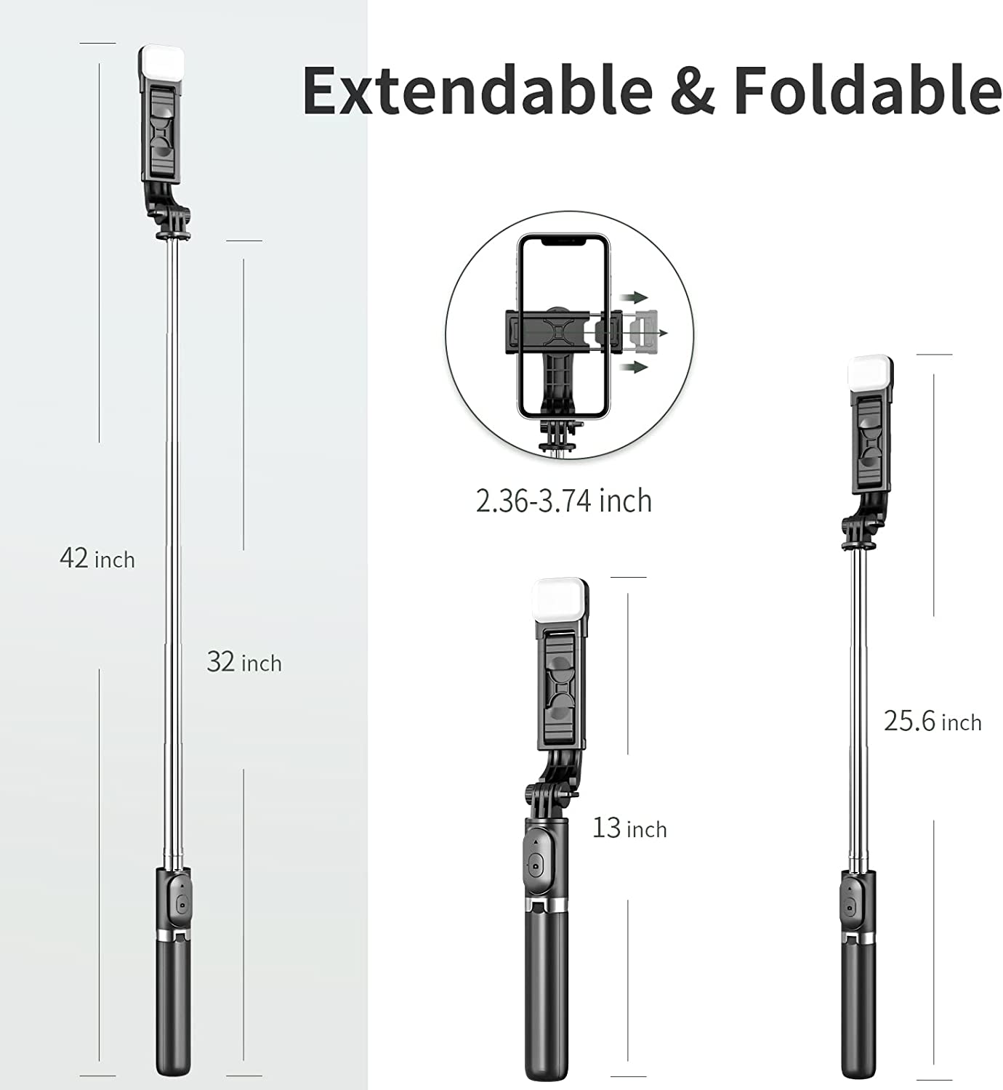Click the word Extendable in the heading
pyautogui.click(x=478, y=89)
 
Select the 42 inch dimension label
pyautogui.click(x=97, y=558)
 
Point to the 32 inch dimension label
pyautogui.click(x=244, y=662)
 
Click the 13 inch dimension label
pyautogui.click(x=629, y=828)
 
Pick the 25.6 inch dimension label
pyautogui.click(x=932, y=722)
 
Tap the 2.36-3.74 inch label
pyautogui.click(x=564, y=501)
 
